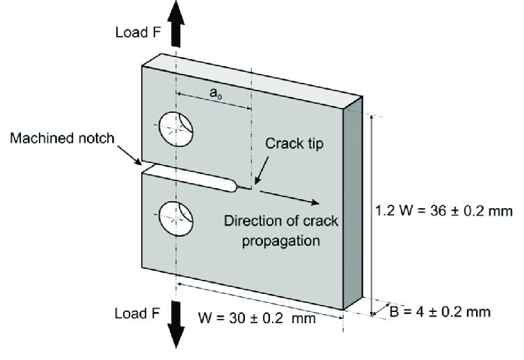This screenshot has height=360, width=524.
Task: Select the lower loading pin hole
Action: tap(178, 218)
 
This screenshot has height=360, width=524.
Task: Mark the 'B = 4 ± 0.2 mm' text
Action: tap(439, 311)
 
